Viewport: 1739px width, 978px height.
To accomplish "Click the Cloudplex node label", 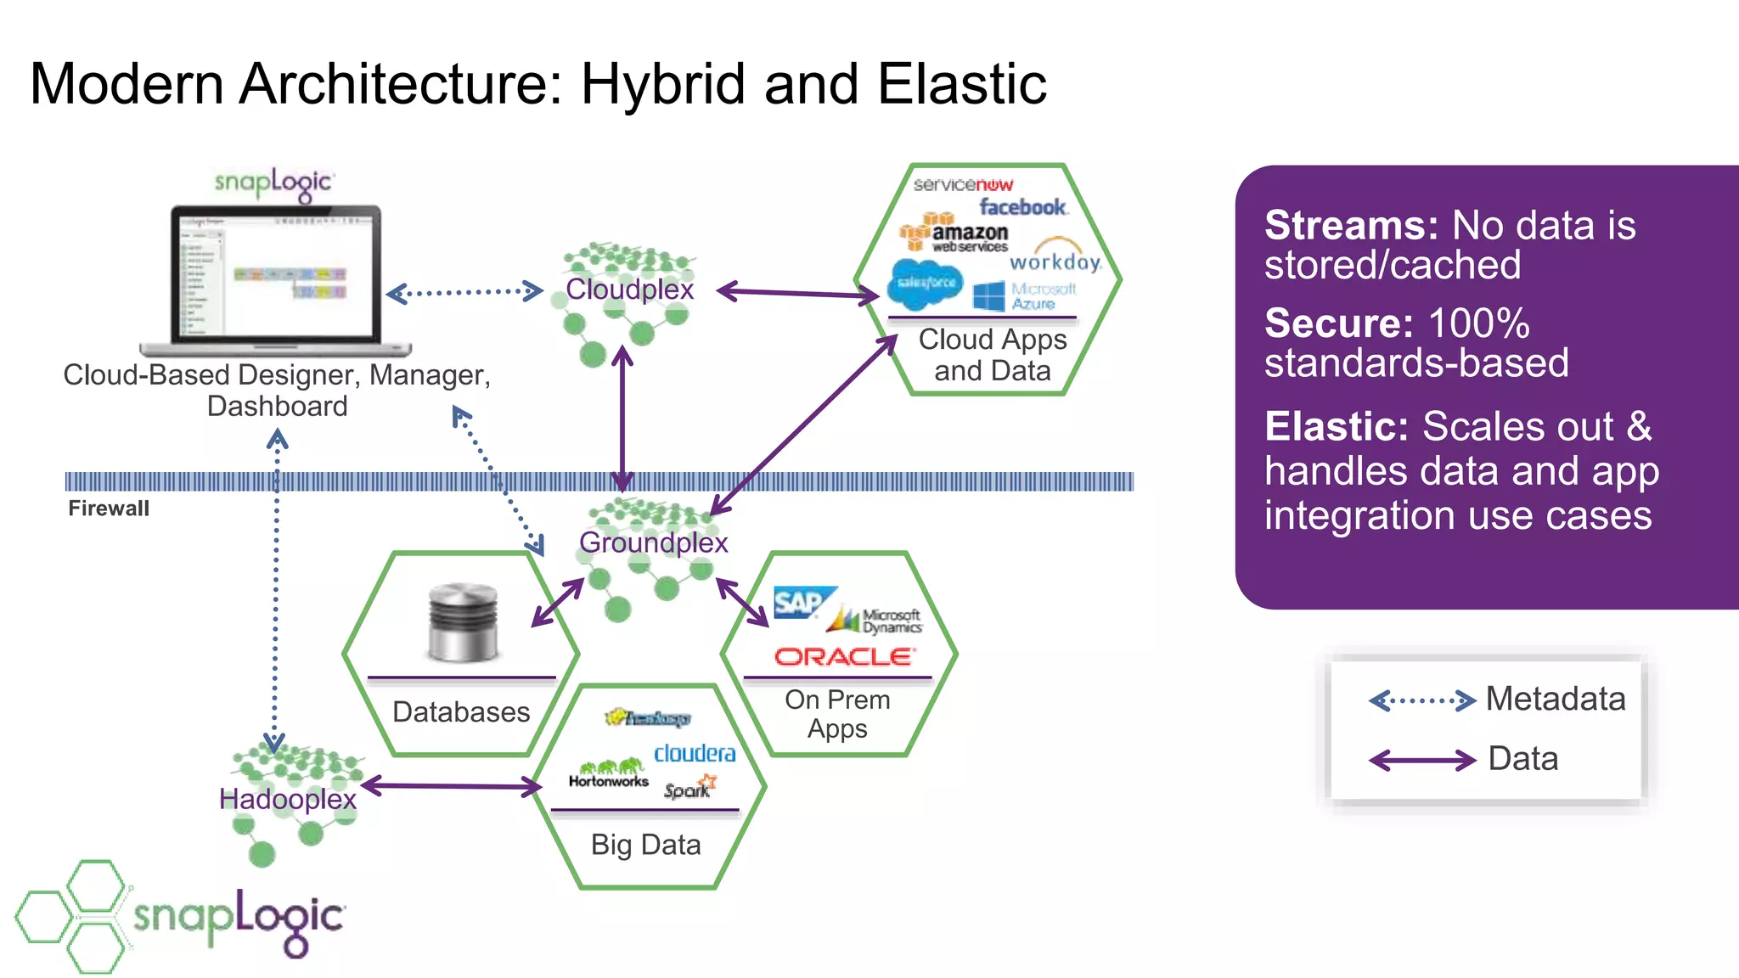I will [x=629, y=289].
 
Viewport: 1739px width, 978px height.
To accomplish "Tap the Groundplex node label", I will [x=653, y=542].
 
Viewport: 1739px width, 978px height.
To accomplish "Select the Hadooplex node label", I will [x=287, y=799].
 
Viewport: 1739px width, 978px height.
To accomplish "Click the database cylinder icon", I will [x=462, y=623].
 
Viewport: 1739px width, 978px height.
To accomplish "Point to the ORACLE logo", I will [x=844, y=656].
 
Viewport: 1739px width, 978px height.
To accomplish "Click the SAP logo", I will [x=799, y=603].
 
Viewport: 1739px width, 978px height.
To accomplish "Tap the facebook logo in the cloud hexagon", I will [x=1022, y=207].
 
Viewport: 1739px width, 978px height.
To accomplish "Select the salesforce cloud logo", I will [x=926, y=284].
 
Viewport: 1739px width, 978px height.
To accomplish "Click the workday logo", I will [x=1055, y=261].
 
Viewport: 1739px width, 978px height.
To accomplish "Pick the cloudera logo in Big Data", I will [x=695, y=753].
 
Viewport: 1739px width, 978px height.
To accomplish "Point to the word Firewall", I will [x=109, y=509].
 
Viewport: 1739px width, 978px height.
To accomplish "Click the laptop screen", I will [x=276, y=273].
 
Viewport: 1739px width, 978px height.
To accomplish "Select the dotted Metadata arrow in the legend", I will [x=1422, y=701].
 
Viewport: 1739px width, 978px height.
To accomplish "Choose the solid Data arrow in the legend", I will [x=1422, y=760].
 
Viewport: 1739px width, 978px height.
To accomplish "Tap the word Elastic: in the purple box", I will [x=1336, y=427].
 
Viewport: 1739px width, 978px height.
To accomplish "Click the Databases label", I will [x=461, y=711].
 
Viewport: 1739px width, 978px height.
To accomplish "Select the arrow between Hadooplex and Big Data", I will [x=451, y=786].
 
